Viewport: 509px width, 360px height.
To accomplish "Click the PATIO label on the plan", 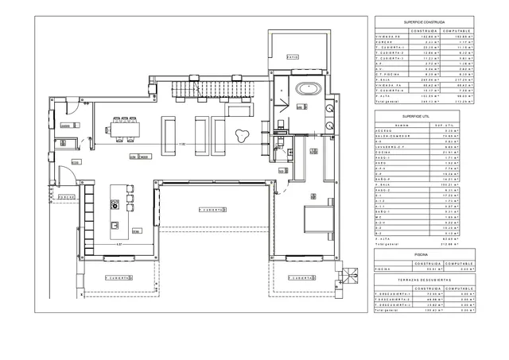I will click(293, 56).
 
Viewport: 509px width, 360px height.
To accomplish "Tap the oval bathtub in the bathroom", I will click(307, 87).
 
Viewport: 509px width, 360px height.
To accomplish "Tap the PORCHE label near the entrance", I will click(66, 196).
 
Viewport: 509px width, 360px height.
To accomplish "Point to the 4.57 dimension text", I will click(119, 244).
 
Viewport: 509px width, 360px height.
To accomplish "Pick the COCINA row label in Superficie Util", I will click(386, 152).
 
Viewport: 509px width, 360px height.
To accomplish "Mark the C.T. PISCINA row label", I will click(387, 73).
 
